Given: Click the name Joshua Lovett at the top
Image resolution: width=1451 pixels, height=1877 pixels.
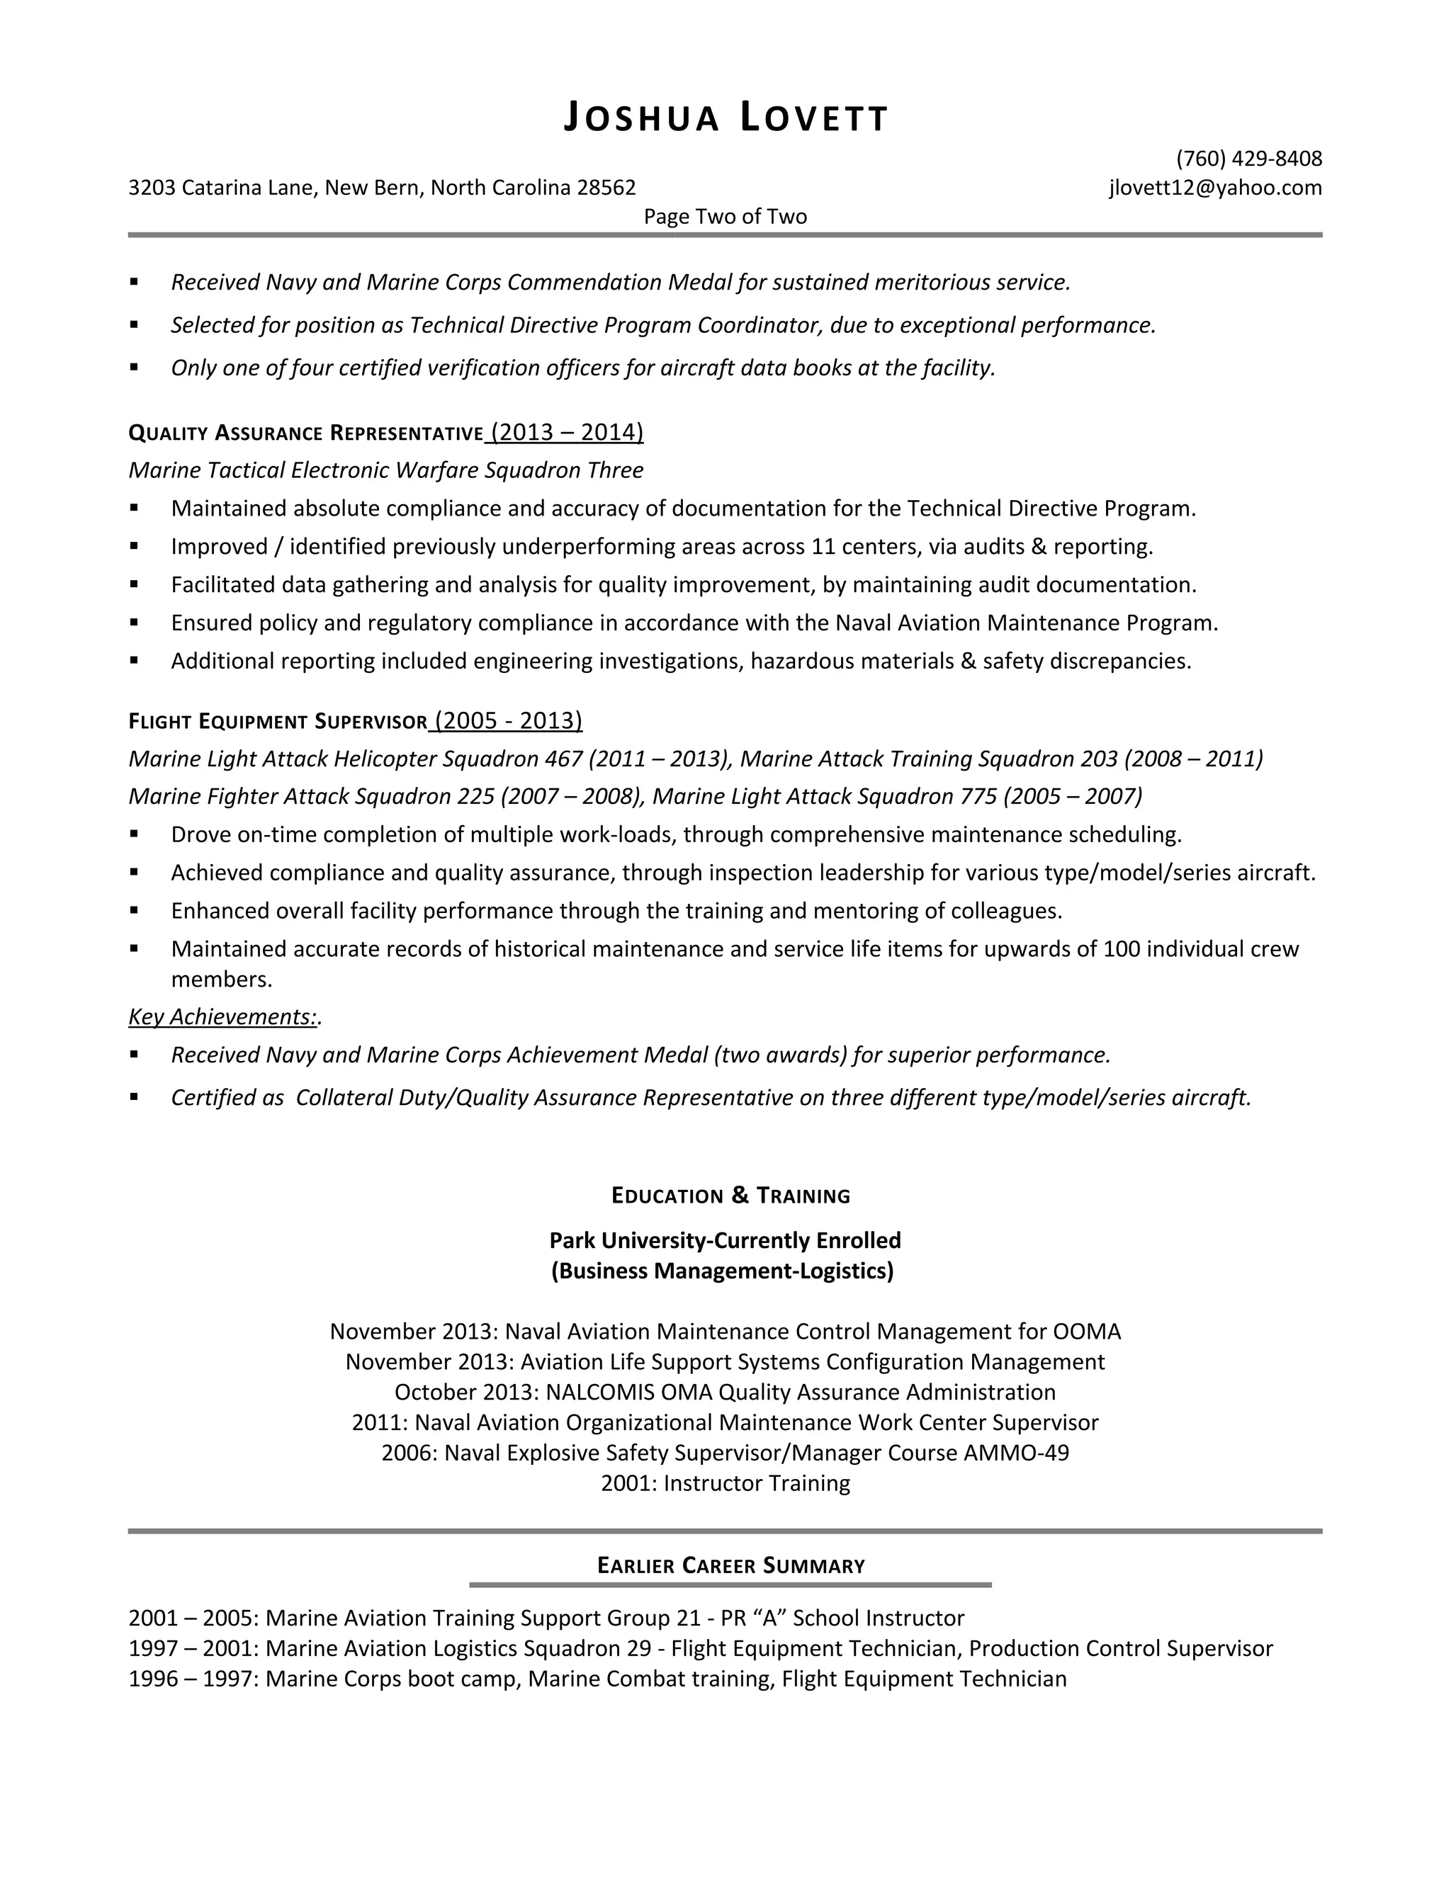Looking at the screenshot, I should (725, 118).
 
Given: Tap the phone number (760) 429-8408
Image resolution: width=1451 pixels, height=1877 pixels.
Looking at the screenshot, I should (1248, 158).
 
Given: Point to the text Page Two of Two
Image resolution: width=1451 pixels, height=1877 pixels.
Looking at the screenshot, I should (725, 216).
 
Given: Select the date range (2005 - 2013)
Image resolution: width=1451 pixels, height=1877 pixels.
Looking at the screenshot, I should (508, 720).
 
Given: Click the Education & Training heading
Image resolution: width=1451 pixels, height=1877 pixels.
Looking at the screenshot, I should (730, 1196).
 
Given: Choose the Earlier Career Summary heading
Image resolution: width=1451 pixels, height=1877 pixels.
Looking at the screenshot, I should (730, 1565).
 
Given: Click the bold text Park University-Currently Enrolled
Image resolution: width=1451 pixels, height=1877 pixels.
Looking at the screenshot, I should (725, 1240).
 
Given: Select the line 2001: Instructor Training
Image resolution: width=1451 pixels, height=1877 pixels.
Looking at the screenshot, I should (725, 1482).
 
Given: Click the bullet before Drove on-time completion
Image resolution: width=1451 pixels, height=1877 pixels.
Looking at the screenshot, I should (134, 834).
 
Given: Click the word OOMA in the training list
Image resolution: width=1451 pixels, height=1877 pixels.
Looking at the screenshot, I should (1087, 1332).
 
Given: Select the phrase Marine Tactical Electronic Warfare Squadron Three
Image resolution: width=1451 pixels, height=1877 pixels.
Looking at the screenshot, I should (386, 470).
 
